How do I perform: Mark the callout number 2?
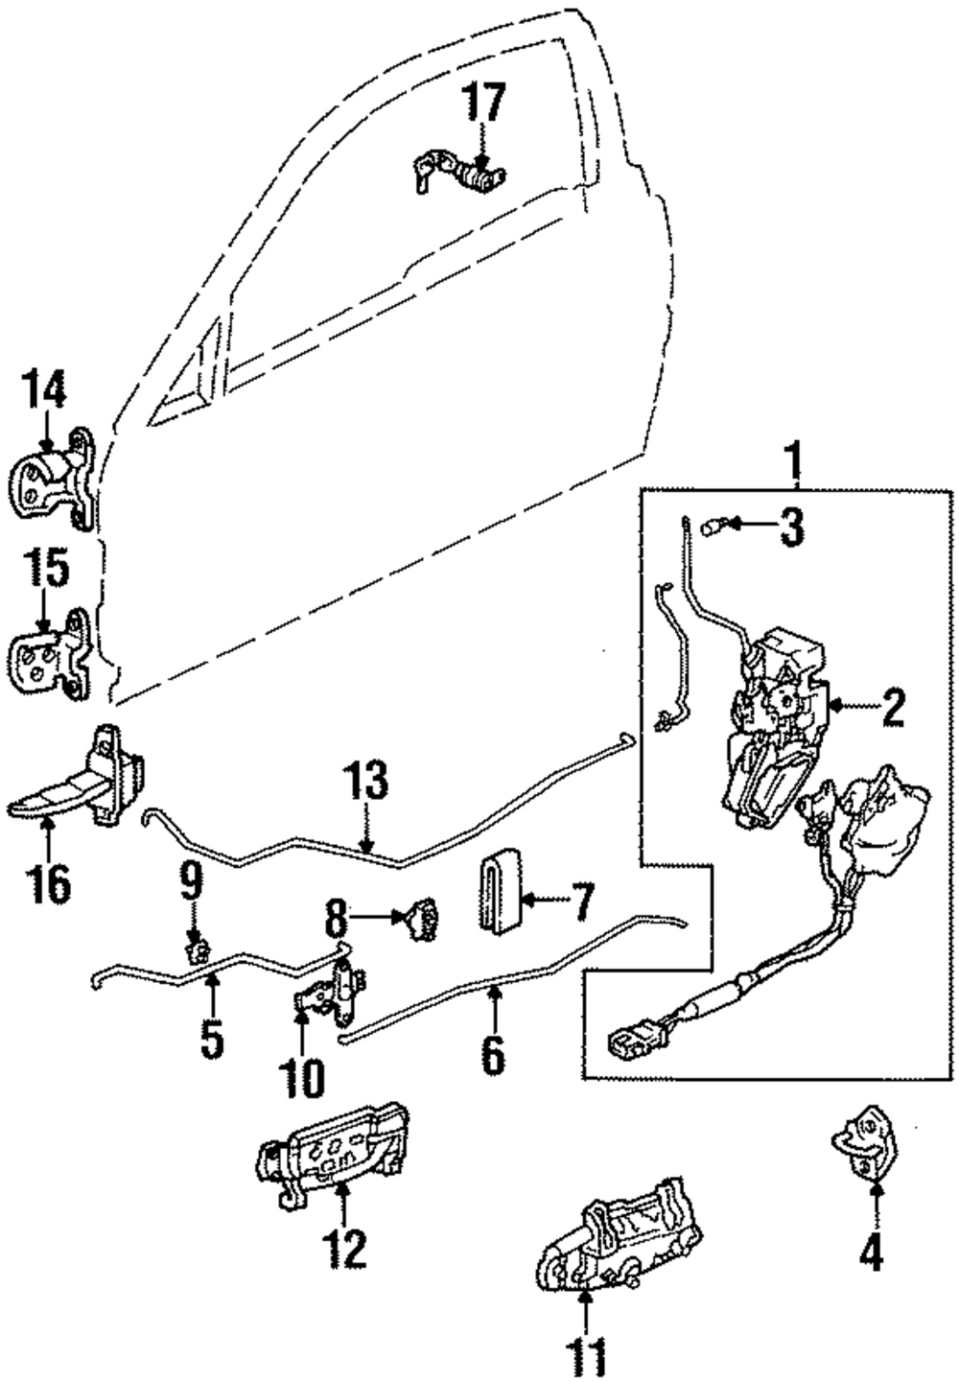coord(885,709)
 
